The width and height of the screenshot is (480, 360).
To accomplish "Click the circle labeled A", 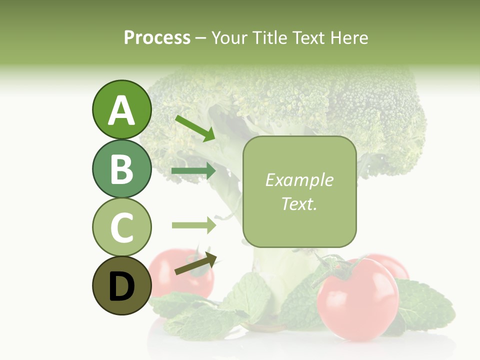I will [121, 109].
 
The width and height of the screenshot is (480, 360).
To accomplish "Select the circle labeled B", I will [121, 168].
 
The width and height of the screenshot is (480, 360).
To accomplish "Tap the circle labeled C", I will [121, 227].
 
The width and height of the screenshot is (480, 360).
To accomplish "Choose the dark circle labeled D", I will [121, 285].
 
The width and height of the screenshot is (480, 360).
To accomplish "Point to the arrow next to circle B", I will [193, 171].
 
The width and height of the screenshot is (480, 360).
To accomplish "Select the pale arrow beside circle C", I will [193, 225].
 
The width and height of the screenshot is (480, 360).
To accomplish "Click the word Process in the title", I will [157, 37].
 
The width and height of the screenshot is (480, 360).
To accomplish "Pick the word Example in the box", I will [299, 180].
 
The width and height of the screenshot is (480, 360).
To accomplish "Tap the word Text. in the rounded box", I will [299, 203].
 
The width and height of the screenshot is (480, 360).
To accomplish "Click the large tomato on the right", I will [358, 300].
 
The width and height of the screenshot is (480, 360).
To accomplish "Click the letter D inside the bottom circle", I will [121, 286].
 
